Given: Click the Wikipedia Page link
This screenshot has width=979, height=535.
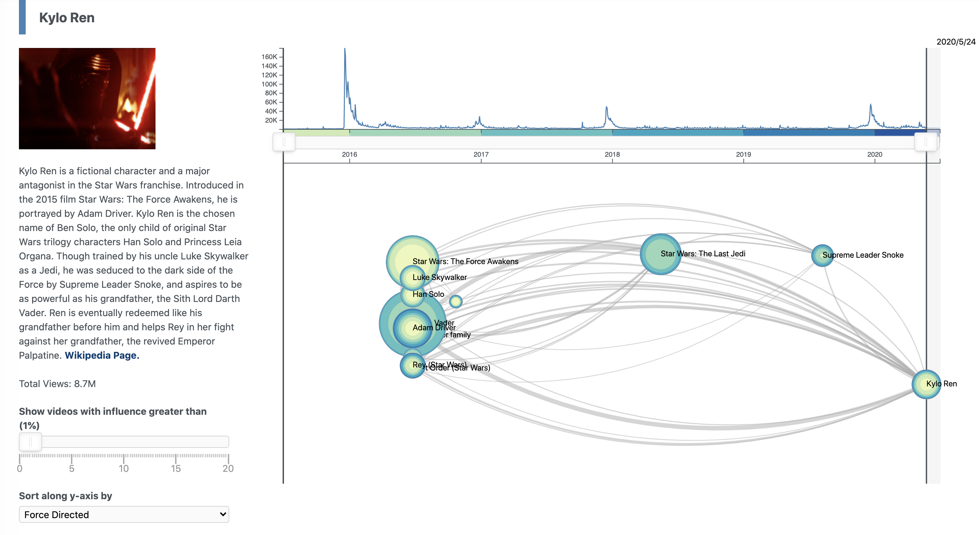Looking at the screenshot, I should pyautogui.click(x=102, y=355).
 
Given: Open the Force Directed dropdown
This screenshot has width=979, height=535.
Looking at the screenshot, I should pyautogui.click(x=124, y=514).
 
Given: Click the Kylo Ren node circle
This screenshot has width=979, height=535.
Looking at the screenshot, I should pyautogui.click(x=926, y=384).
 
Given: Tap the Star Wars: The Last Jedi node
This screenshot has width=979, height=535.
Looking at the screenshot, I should pyautogui.click(x=661, y=254).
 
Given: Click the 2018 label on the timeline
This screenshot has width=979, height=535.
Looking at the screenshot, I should pyautogui.click(x=612, y=155).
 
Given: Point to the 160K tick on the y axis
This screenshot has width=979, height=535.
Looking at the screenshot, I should pyautogui.click(x=269, y=57).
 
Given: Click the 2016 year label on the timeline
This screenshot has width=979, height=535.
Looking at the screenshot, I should pyautogui.click(x=349, y=155).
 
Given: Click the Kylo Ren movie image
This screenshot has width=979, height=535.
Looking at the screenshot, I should pyautogui.click(x=87, y=98).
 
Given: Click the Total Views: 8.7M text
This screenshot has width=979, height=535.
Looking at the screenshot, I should pyautogui.click(x=57, y=384).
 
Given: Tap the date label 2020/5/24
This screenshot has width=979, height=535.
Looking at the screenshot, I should pyautogui.click(x=955, y=42).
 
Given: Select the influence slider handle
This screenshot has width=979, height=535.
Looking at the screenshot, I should pyautogui.click(x=30, y=441).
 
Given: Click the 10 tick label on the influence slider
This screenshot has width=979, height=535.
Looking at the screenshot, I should pyautogui.click(x=123, y=468).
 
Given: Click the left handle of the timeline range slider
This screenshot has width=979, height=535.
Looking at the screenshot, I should pyautogui.click(x=284, y=142).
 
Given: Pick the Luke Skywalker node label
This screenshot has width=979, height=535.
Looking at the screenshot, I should pyautogui.click(x=439, y=278).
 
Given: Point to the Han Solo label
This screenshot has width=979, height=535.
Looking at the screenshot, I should pyautogui.click(x=428, y=294).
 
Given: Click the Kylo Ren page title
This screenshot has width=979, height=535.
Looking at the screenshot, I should pyautogui.click(x=67, y=18).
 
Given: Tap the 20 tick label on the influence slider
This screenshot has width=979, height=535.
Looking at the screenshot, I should pyautogui.click(x=228, y=468).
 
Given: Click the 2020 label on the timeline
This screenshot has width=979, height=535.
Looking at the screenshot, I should pyautogui.click(x=875, y=155).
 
